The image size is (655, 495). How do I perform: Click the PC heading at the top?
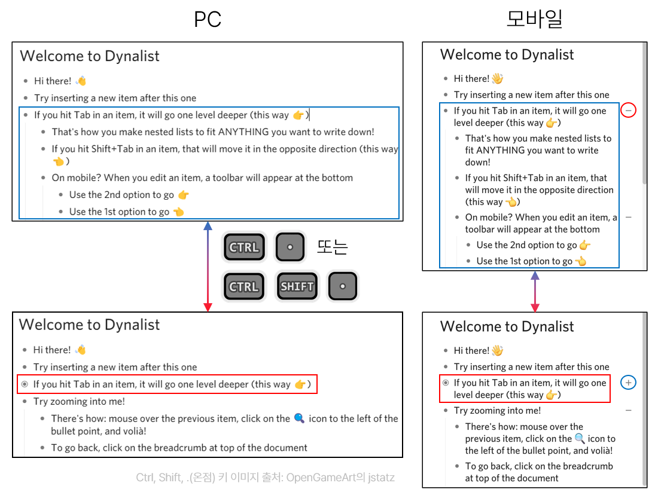coord(208,19)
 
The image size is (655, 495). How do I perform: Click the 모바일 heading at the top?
coord(534,19)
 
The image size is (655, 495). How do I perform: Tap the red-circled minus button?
coord(628,110)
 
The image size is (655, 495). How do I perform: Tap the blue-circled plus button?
coord(628,382)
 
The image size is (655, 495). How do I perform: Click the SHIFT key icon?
coord(297,287)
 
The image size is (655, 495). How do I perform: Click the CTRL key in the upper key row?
coord(244,247)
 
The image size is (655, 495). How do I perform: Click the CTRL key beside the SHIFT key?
coord(244,287)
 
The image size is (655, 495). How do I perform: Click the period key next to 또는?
coord(290,247)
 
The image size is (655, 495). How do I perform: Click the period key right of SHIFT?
coord(343,287)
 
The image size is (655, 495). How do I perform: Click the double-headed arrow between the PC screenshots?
coord(208,267)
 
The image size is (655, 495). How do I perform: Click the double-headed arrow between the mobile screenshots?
coord(535,291)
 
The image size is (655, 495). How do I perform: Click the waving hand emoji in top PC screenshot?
coord(81,81)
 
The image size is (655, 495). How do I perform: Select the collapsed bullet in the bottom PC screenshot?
coord(25,384)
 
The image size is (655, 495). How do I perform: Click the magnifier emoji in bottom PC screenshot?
coord(299,418)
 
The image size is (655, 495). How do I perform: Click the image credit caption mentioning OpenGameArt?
coord(265,478)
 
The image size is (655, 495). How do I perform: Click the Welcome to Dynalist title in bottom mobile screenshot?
coord(507,326)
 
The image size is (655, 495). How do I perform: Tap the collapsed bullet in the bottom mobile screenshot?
coord(445,383)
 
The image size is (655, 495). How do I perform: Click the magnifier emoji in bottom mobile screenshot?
coord(580,439)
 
